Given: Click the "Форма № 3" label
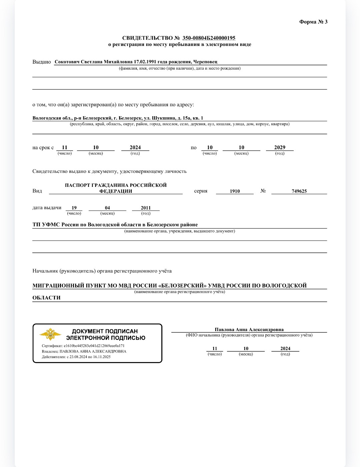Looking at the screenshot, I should pyautogui.click(x=313, y=22).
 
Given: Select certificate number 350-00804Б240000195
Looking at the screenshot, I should pyautogui.click(x=209, y=38).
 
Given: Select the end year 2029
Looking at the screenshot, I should pyautogui.click(x=280, y=148).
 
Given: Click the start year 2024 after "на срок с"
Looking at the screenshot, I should pyautogui.click(x=135, y=148).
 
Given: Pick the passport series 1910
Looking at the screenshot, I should pyautogui.click(x=235, y=191).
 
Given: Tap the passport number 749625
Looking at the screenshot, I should pyautogui.click(x=299, y=191).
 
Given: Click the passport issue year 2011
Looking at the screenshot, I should pyautogui.click(x=146, y=208).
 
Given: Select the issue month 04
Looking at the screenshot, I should pyautogui.click(x=107, y=208).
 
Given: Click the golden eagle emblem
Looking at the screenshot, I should pyautogui.click(x=50, y=334).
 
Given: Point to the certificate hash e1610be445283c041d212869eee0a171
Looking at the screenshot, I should pyautogui.click(x=94, y=346).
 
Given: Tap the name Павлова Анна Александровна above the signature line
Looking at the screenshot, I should pyautogui.click(x=249, y=330).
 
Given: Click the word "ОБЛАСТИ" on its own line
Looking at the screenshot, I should pyautogui.click(x=46, y=298).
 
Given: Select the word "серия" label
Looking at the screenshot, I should pyautogui.click(x=201, y=191).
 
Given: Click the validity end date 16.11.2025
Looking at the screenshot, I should pyautogui.click(x=102, y=357).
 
